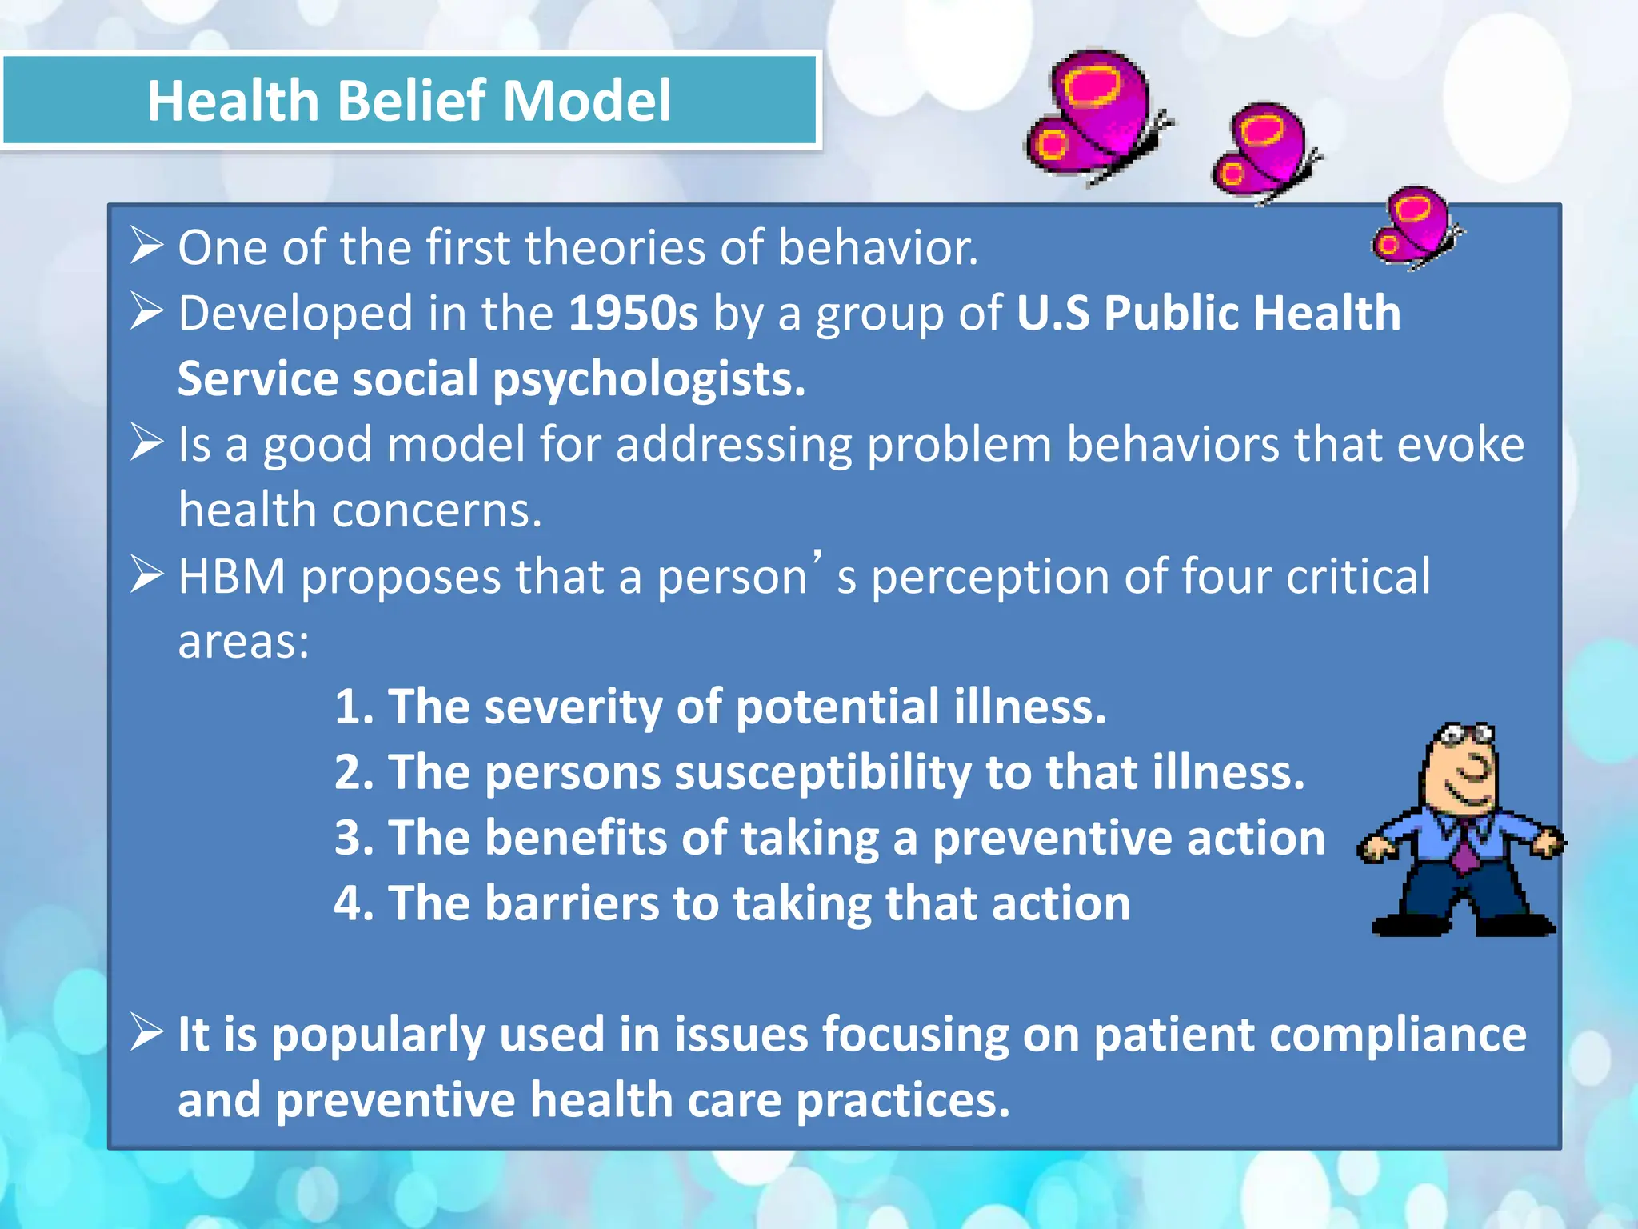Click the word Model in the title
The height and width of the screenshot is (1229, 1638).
pyautogui.click(x=586, y=101)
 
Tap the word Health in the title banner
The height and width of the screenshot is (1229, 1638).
pyautogui.click(x=233, y=101)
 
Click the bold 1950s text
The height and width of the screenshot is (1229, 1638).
pyautogui.click(x=633, y=313)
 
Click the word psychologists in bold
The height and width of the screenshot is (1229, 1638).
pyautogui.click(x=649, y=378)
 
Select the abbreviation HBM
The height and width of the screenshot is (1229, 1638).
pyautogui.click(x=231, y=576)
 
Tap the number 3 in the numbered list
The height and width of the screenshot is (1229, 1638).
pyautogui.click(x=348, y=838)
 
